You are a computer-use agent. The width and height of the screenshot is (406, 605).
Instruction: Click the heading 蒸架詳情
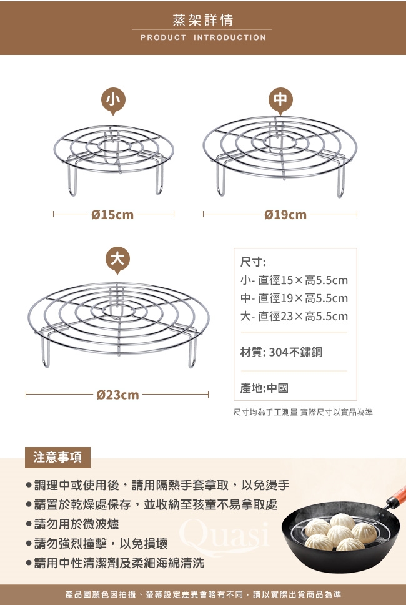pos(202,20)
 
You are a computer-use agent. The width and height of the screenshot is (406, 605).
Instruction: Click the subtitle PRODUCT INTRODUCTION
pos(204,38)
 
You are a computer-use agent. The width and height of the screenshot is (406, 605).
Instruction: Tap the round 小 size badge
pos(113,100)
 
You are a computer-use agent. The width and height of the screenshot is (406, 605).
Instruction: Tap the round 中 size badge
pos(280,100)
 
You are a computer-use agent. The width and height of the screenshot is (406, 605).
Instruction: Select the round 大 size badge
pos(117,259)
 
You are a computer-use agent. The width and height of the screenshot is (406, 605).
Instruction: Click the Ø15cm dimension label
pos(112,215)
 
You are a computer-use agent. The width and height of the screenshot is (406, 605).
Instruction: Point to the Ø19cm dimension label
pos(285,215)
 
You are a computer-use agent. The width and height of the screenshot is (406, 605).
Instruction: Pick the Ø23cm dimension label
pos(117,395)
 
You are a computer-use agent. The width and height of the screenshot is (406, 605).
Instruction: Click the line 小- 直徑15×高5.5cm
pos(294,280)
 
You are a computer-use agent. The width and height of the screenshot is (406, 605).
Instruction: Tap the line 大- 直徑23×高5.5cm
pos(294,317)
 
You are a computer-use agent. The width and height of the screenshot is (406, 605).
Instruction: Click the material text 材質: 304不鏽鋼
pos(281,352)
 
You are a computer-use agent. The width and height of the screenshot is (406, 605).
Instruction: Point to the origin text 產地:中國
pos(264,388)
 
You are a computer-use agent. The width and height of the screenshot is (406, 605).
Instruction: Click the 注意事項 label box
pos(57,458)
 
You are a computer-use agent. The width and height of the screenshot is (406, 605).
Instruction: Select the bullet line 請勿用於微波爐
pos(72,524)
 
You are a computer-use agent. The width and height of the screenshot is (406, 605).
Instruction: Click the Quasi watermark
pos(224,534)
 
